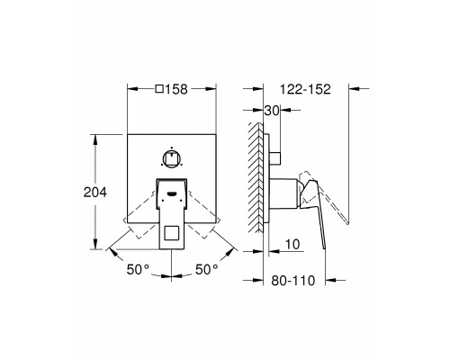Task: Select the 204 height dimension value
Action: point(95,193)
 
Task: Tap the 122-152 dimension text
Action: point(305,89)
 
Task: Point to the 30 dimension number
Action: point(272,111)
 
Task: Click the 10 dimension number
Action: point(292,245)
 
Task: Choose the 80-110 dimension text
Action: point(293,281)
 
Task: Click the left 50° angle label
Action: point(138,269)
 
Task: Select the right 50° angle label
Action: point(207,269)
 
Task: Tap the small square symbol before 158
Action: point(159,89)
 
